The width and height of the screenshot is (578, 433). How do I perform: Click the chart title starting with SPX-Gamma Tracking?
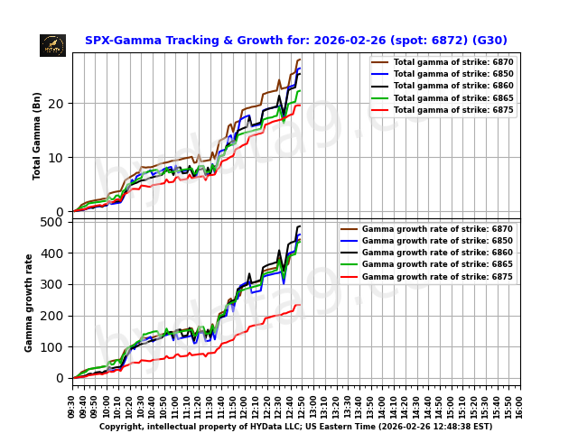click(x=295, y=41)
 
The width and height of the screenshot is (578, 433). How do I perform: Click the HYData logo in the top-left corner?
click(x=52, y=45)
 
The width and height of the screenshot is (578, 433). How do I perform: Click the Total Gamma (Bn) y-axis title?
click(x=38, y=135)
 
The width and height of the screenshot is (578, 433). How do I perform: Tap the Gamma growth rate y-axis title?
click(x=29, y=302)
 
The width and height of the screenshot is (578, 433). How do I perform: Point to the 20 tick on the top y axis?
click(x=60, y=104)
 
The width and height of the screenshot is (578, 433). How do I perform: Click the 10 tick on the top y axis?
click(x=60, y=158)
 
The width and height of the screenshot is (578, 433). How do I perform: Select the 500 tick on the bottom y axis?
click(x=55, y=222)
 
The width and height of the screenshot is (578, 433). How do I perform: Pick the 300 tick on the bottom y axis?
click(x=55, y=284)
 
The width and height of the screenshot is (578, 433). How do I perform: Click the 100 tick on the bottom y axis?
click(x=55, y=346)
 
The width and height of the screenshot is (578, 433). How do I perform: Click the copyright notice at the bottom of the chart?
click(x=295, y=427)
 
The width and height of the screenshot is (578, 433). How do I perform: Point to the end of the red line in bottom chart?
click(x=300, y=305)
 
